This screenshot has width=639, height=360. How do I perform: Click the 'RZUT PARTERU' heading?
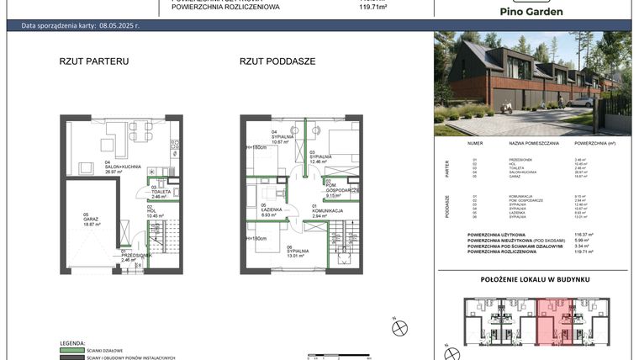pyautogui.click(x=93, y=61)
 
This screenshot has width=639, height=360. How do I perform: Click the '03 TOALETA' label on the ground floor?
pyautogui.click(x=161, y=192)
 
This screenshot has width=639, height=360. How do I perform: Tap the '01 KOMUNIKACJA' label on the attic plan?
pyautogui.click(x=327, y=212)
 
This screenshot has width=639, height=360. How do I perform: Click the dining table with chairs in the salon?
pyautogui.click(x=140, y=132)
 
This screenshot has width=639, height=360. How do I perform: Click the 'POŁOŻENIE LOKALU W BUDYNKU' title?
pyautogui.click(x=534, y=278)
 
